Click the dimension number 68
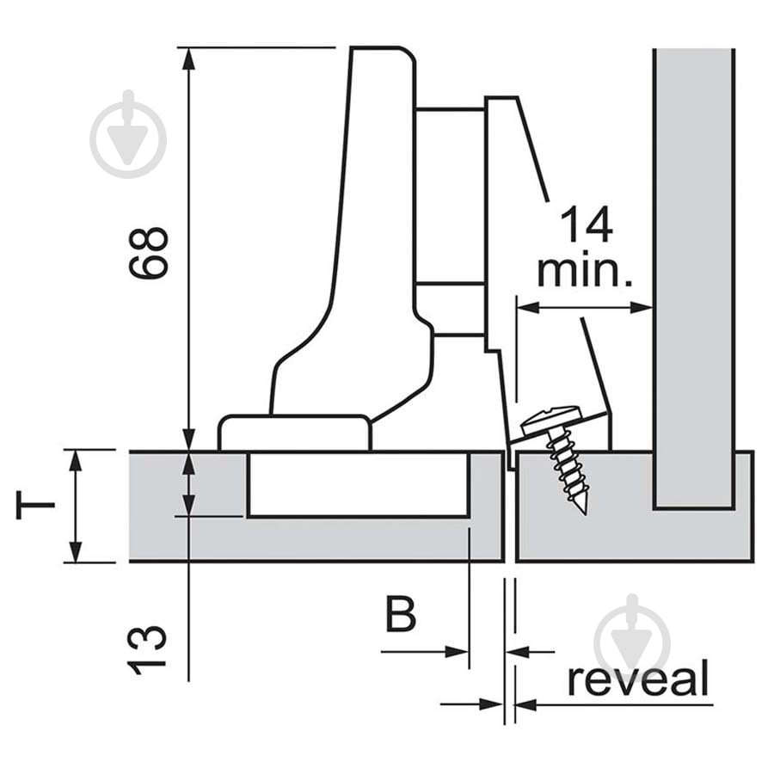pos(148,253)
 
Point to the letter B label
pos(401,616)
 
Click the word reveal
pos(637,679)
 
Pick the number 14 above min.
pos(587,225)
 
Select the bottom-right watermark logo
pos(632,637)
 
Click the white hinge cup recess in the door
pos(358,484)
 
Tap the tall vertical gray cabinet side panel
pos(693,275)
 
